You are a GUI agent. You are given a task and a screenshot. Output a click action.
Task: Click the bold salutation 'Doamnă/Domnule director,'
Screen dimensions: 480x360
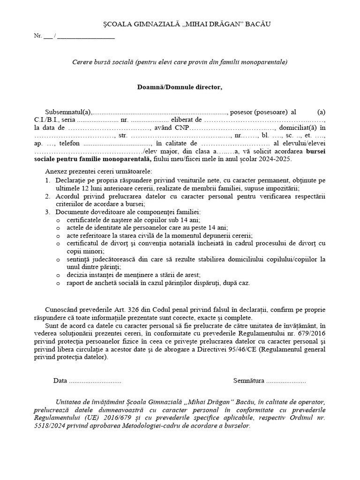[180, 87]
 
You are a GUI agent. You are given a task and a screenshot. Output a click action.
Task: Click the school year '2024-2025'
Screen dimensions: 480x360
[276, 159]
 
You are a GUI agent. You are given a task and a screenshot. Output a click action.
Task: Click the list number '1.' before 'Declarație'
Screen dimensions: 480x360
[48, 180]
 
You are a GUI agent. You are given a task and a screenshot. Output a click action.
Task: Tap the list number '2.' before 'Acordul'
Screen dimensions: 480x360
[48, 196]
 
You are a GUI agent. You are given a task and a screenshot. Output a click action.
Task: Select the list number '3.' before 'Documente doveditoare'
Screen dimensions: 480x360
[48, 212]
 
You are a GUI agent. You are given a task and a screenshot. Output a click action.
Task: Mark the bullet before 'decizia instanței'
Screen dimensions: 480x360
[58, 275]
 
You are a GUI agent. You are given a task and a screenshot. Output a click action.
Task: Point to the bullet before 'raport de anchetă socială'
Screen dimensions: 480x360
[58, 283]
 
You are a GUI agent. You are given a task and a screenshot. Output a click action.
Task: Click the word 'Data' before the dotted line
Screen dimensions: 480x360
[60, 381]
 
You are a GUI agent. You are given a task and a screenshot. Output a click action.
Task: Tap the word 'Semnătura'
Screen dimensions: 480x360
[248, 381]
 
